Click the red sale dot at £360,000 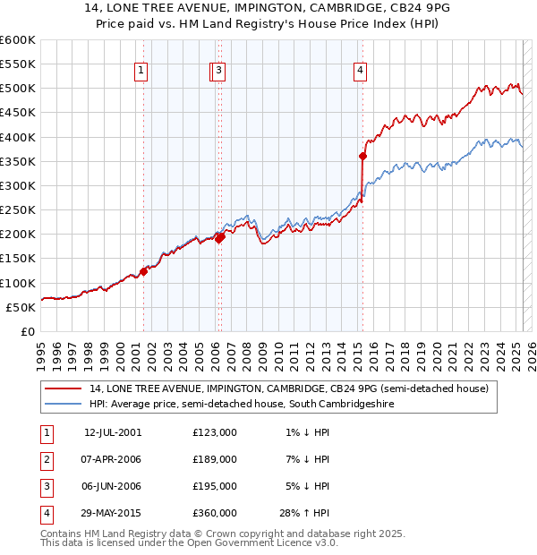pos(362,156)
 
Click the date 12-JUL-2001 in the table pos(112,432)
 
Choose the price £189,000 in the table pos(215,459)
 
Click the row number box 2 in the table pos(44,459)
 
